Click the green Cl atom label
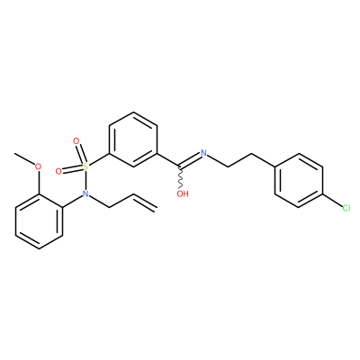(x=346, y=208)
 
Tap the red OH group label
(x=183, y=193)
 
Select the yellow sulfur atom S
(x=85, y=166)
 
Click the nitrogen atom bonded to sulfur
(x=85, y=193)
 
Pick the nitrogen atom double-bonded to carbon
(x=204, y=153)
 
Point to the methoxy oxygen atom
(x=38, y=166)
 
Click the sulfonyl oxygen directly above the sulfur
(x=76, y=140)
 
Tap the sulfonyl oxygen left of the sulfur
(x=58, y=172)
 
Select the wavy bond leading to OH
(x=181, y=177)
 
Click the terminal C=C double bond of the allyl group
(x=145, y=202)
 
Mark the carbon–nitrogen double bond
(x=190, y=159)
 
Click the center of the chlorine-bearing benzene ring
(x=299, y=180)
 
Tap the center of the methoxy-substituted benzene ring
(x=39, y=221)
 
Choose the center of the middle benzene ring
(x=133, y=139)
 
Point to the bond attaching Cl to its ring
(x=332, y=201)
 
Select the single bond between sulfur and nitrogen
(x=85, y=180)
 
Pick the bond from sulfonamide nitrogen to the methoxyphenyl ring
(x=73, y=202)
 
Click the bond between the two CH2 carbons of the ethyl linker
(x=239, y=160)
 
